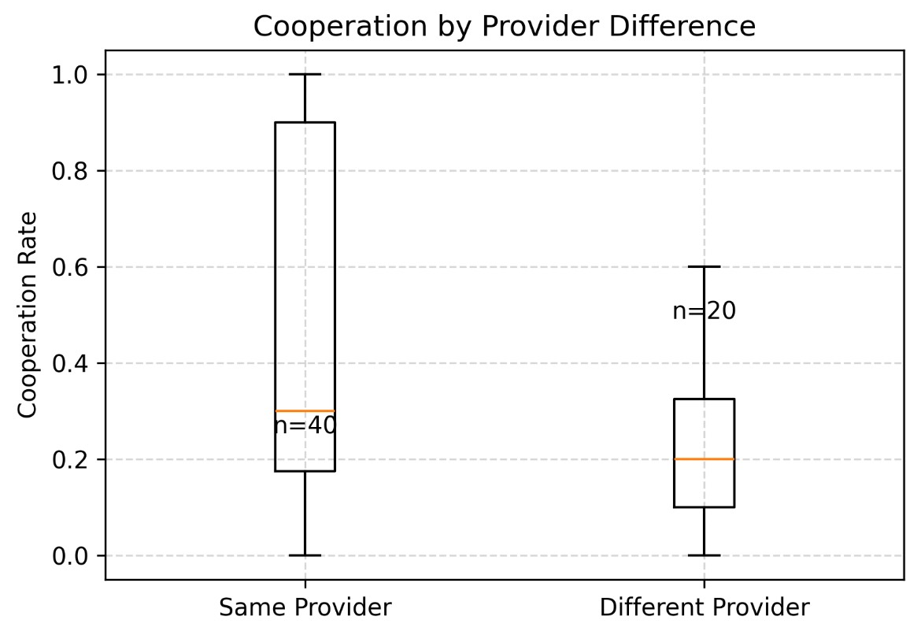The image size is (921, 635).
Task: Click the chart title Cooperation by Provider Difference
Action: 504,26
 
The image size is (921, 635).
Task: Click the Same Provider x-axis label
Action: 305,607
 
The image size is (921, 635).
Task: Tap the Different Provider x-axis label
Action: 704,607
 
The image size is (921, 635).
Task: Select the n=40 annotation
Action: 305,426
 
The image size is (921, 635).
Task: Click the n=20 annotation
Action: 705,312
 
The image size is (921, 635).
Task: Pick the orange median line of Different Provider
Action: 704,459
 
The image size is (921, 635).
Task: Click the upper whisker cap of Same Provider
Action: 305,74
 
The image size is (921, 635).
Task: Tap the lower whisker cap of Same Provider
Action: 305,555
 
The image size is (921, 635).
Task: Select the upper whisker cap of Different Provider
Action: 704,267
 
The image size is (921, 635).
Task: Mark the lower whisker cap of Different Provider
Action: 704,555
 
